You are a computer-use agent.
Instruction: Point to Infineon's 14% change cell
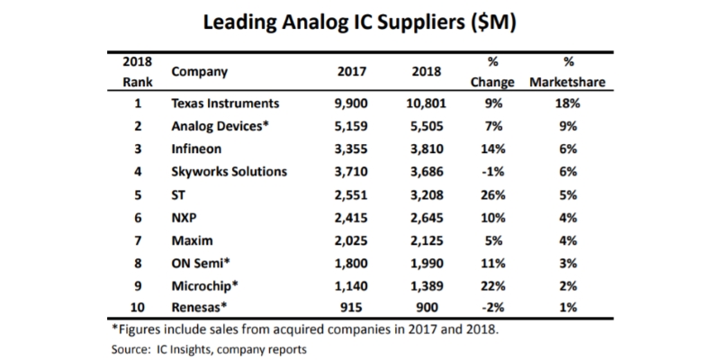491,148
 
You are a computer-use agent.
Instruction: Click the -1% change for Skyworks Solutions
491,170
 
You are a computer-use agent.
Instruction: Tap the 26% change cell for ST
491,193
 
